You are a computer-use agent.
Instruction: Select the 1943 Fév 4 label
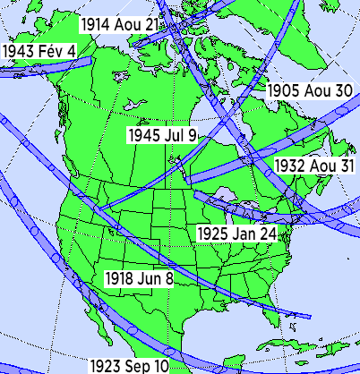[x=39, y=50]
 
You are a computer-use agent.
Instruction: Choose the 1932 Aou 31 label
[x=315, y=166]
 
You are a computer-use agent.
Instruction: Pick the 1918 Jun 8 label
[x=139, y=278]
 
